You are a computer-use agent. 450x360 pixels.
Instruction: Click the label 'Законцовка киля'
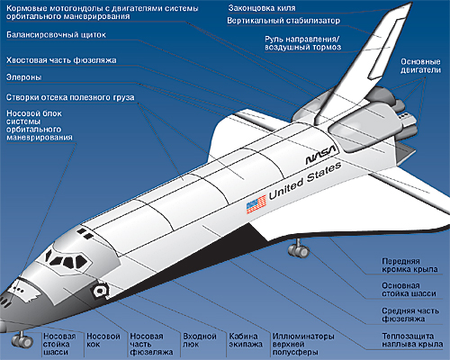[x=262, y=8]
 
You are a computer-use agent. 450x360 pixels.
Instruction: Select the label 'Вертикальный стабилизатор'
[x=283, y=21]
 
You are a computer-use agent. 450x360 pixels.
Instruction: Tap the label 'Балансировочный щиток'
[x=56, y=35]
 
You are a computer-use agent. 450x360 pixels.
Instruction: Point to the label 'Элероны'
[x=24, y=77]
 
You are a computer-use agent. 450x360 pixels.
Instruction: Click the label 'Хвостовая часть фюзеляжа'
[x=61, y=60]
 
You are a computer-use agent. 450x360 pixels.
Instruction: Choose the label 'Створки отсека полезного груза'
[x=70, y=97]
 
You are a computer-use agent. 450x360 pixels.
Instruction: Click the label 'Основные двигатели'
[x=420, y=66]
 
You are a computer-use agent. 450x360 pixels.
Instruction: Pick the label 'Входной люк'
[x=200, y=340]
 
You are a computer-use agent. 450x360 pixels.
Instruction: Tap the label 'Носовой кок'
[x=103, y=340]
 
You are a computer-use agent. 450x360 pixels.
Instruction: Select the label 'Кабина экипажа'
[x=246, y=340]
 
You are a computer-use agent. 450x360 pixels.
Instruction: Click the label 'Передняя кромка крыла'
[x=409, y=265]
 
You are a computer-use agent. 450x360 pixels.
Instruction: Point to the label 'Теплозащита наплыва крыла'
[x=412, y=340]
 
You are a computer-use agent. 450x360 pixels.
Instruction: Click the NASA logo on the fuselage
[x=321, y=155]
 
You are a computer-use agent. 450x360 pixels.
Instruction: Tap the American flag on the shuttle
[x=256, y=204]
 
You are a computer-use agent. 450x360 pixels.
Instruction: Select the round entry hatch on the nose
[x=99, y=291]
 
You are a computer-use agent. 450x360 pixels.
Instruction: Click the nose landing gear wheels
[x=22, y=341]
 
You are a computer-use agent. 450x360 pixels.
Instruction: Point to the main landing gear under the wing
[x=298, y=249]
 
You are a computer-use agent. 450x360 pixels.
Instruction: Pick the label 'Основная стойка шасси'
[x=409, y=290]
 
